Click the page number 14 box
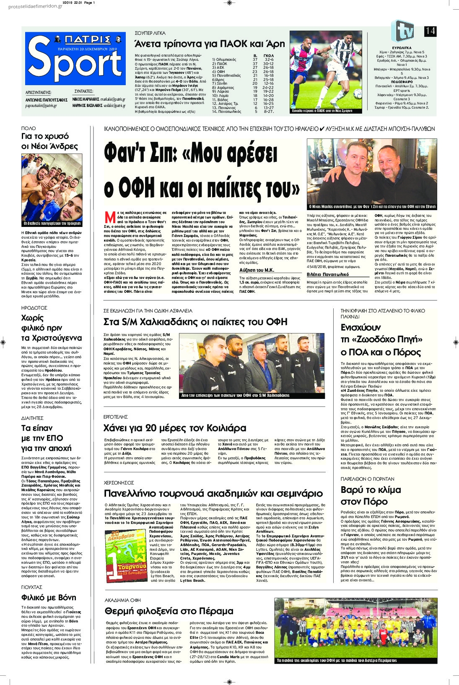pyautogui.click(x=430, y=31)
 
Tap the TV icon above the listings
pyautogui.click(x=402, y=31)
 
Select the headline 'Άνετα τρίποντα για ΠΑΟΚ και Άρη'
pyautogui.click(x=209, y=44)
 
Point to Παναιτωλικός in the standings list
pyautogui.click(x=228, y=112)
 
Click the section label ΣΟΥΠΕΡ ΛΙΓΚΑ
pyautogui.click(x=150, y=33)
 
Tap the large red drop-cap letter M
pyautogui.click(x=110, y=217)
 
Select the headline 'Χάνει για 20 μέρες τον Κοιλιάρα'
pyautogui.click(x=175, y=428)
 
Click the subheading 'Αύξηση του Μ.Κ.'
pyautogui.click(x=257, y=270)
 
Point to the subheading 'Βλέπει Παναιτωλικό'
pyautogui.click(x=327, y=274)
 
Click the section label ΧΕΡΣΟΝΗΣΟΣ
pyautogui.click(x=119, y=483)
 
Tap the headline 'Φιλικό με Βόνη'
pyautogui.click(x=49, y=597)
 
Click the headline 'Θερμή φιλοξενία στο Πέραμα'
pyautogui.click(x=169, y=611)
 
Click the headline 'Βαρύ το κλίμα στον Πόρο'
pyautogui.click(x=371, y=495)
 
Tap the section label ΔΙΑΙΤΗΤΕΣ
pyautogui.click(x=32, y=418)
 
